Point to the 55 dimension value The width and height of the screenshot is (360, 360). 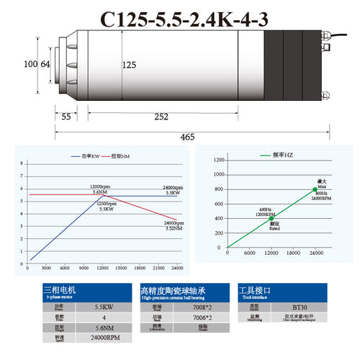click(x=66, y=116)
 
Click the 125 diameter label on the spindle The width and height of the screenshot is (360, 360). click(x=129, y=66)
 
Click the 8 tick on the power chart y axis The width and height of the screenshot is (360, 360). click(x=22, y=164)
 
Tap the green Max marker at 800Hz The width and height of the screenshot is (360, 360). click(x=314, y=189)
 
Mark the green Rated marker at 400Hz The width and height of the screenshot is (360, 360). click(x=271, y=217)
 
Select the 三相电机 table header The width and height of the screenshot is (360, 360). click(x=58, y=289)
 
